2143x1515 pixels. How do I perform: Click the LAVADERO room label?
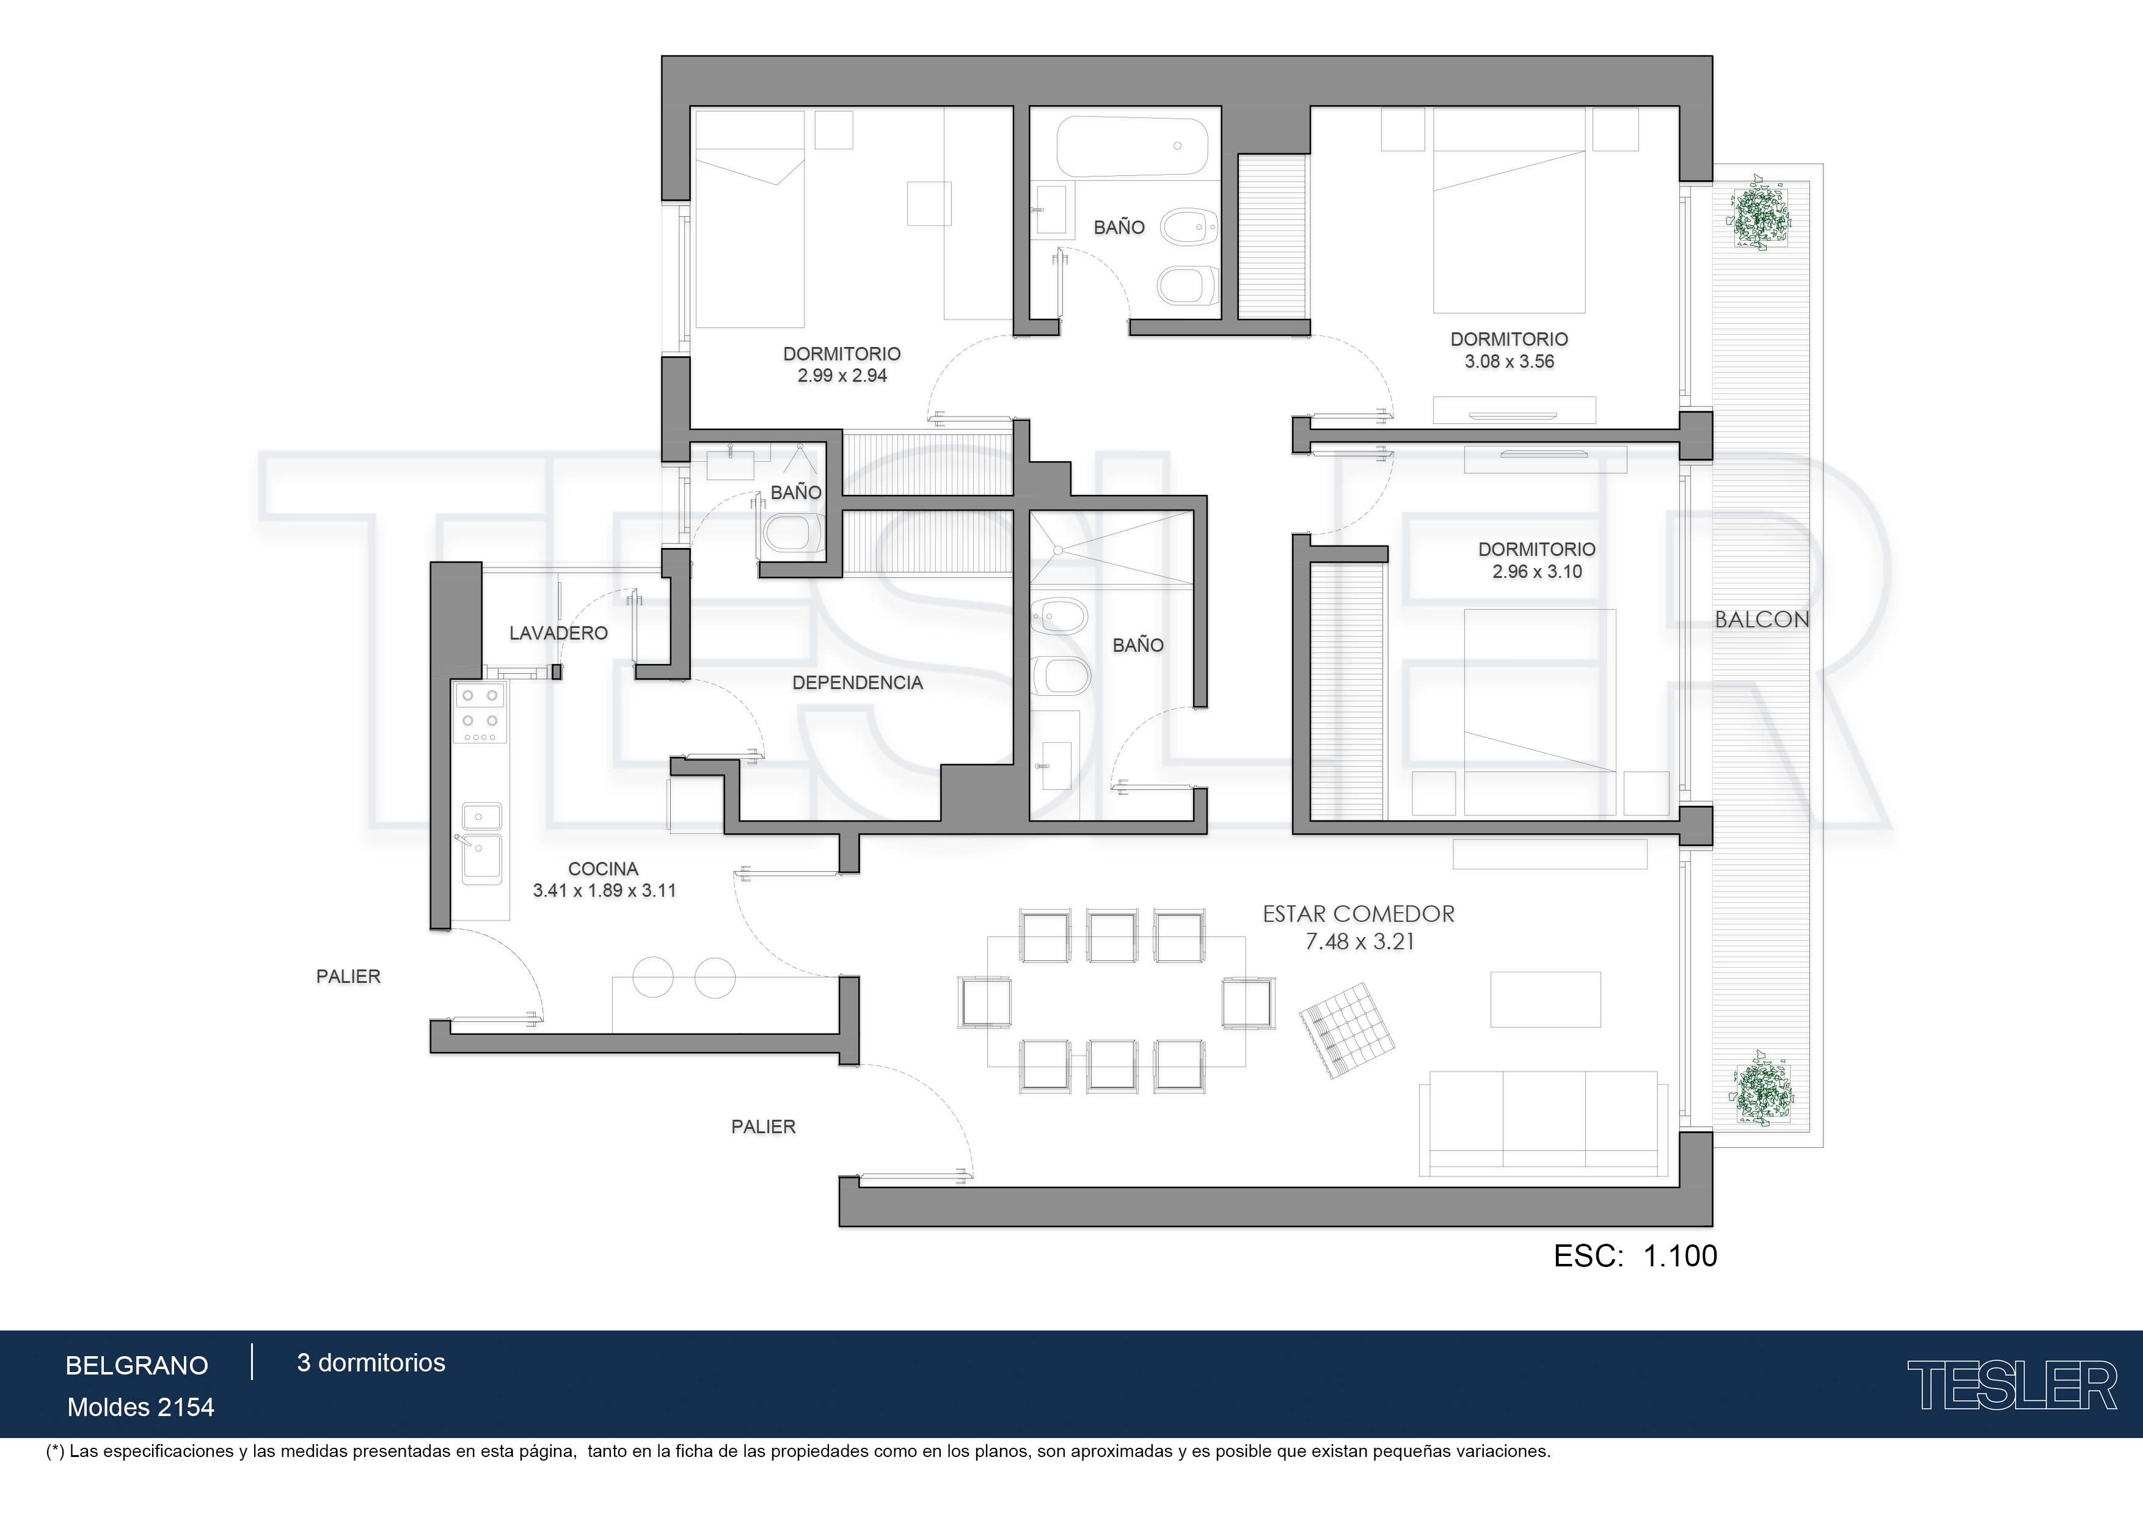tap(558, 633)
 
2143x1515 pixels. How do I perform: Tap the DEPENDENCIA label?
tap(857, 682)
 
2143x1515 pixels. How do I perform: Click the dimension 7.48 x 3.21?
tap(1359, 942)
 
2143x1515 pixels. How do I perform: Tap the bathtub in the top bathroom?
tap(1132, 145)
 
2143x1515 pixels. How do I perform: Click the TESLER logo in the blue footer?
tap(2012, 1385)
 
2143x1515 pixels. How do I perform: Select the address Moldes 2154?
tap(141, 1407)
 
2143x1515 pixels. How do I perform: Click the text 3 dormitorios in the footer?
tap(371, 1363)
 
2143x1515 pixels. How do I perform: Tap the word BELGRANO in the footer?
tap(137, 1366)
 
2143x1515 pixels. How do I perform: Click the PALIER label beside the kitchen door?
tap(348, 976)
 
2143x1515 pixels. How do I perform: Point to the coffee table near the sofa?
tap(1545, 999)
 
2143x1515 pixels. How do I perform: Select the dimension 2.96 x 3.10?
tap(1537, 571)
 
